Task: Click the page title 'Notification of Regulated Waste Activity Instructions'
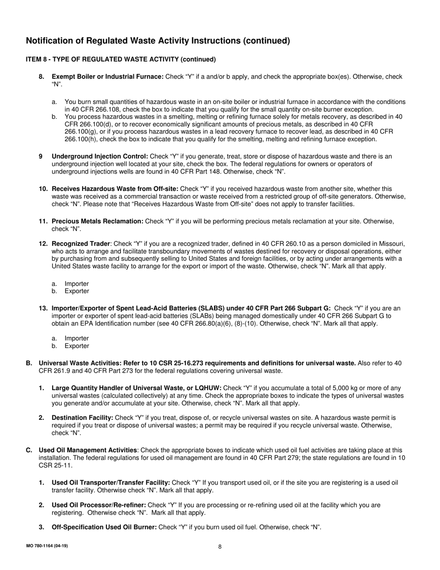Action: [x=157, y=41]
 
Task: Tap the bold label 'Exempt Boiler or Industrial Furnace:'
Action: [x=107, y=76]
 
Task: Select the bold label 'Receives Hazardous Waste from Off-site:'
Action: [x=115, y=189]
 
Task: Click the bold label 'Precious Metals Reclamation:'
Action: [x=97, y=222]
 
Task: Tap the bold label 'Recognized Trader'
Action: [x=81, y=244]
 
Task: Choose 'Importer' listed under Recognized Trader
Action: [x=76, y=284]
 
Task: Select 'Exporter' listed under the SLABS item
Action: [x=77, y=346]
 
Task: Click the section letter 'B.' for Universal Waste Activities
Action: [x=29, y=363]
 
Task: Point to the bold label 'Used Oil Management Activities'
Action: [x=88, y=450]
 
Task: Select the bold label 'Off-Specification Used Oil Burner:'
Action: [x=104, y=527]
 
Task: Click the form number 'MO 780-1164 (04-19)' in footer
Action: [x=47, y=546]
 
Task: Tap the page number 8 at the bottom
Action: [x=220, y=546]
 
